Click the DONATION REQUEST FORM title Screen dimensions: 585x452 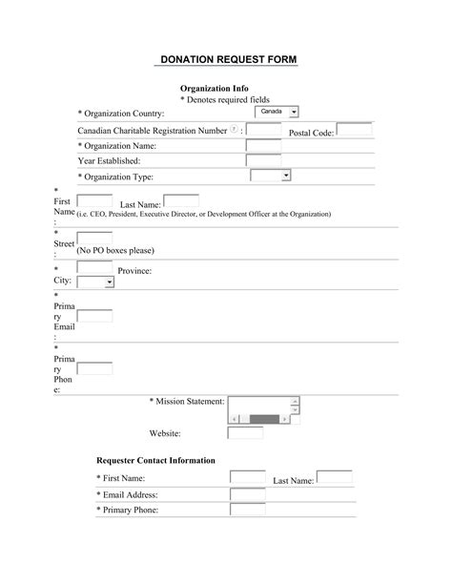coord(226,60)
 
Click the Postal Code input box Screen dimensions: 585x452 coord(354,130)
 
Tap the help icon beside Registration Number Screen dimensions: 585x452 coord(235,129)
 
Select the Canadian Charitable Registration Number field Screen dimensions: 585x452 coord(263,130)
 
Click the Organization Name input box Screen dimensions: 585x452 coord(263,146)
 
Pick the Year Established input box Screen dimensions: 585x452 coord(263,160)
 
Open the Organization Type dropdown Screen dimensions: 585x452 coord(270,176)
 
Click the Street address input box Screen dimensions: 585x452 coord(94,240)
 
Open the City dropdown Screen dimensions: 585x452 coord(94,282)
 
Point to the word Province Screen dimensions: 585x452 coord(134,272)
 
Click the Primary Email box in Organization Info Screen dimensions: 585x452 coord(94,316)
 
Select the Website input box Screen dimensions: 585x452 coord(245,432)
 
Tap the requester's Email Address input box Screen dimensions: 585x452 coord(248,493)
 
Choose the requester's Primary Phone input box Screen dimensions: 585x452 coord(248,510)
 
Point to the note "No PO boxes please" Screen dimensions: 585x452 coord(115,250)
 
